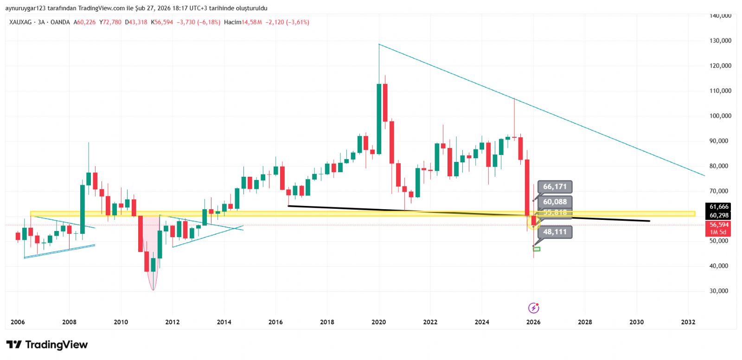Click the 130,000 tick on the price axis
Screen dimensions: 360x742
(720, 41)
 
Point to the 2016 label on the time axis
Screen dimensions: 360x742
(275, 322)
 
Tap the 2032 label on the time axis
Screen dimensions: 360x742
(688, 322)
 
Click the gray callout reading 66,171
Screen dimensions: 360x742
(555, 186)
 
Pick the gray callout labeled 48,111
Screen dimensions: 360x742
(555, 232)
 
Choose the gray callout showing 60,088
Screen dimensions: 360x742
(555, 202)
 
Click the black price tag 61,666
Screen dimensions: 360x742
(719, 207)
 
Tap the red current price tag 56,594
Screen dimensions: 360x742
(719, 225)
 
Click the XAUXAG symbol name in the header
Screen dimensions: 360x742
(20, 22)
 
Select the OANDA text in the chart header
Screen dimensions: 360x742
(60, 22)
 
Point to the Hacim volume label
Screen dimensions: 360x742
(232, 22)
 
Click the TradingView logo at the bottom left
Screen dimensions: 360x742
(47, 345)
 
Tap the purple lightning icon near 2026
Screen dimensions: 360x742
(534, 308)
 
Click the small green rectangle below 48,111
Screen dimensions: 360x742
(537, 249)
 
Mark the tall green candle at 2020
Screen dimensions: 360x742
(379, 119)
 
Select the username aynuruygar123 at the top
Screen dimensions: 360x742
(26, 8)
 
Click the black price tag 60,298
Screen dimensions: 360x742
(719, 215)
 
